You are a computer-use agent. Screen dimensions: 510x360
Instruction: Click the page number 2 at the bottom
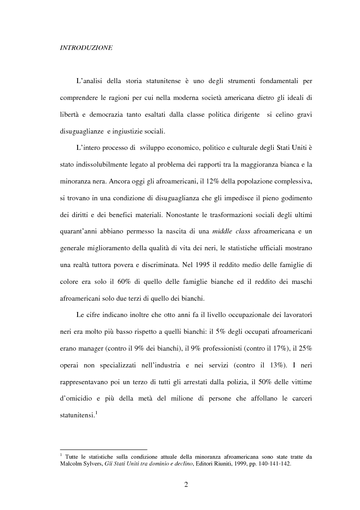186,484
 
